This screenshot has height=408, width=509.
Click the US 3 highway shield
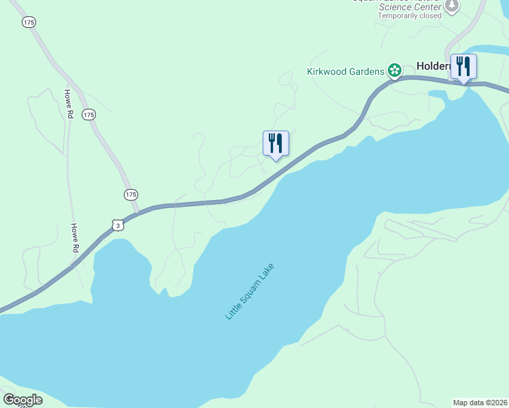[x=118, y=224]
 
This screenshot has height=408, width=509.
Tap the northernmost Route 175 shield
[x=28, y=22]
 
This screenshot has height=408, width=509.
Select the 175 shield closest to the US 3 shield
[x=131, y=194]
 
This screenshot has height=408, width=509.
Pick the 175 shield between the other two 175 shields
[x=88, y=114]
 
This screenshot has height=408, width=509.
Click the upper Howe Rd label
[x=68, y=104]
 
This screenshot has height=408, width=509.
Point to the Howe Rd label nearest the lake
[x=75, y=238]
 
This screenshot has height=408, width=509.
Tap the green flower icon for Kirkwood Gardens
[x=394, y=70]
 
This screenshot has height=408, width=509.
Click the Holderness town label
[x=433, y=67]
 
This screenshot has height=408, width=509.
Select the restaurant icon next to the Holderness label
[x=463, y=67]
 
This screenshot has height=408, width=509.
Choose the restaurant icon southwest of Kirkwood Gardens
[x=276, y=143]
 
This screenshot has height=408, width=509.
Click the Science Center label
[x=404, y=7]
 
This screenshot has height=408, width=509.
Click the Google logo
[x=22, y=400]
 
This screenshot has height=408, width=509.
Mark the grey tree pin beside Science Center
[x=452, y=5]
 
